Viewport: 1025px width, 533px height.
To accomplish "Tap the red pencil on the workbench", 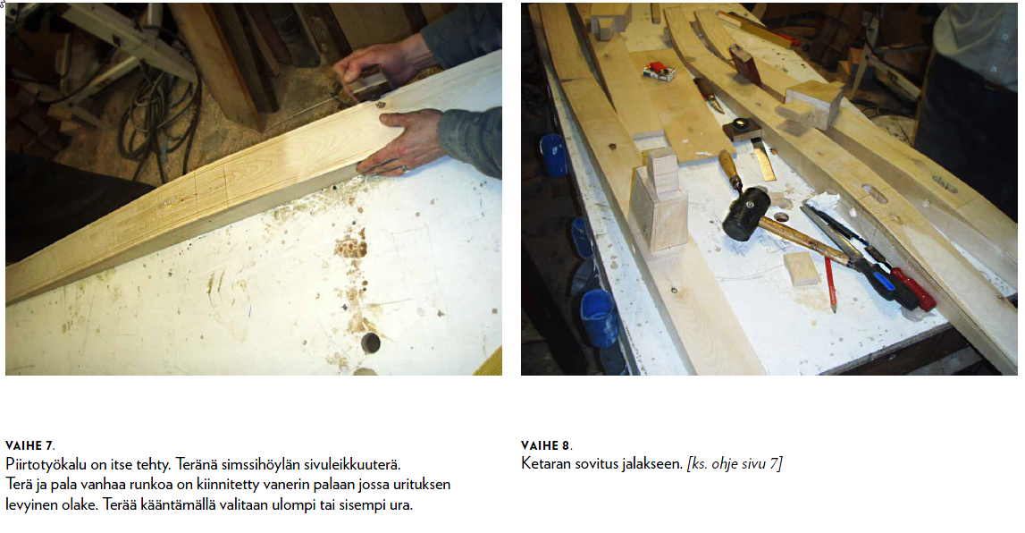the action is pyautogui.click(x=829, y=283).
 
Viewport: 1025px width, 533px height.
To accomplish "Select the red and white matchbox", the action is pyautogui.click(x=659, y=72).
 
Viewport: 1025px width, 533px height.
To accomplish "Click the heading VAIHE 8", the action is pyautogui.click(x=547, y=446).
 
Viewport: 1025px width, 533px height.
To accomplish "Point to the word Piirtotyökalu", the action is pyautogui.click(x=46, y=465).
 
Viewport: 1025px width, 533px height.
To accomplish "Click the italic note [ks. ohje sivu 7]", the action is pyautogui.click(x=734, y=464).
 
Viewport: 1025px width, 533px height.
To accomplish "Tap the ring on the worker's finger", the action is pyautogui.click(x=405, y=169).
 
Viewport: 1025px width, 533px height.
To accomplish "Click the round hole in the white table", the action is pyautogui.click(x=371, y=343).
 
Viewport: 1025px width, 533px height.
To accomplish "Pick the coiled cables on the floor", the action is pyautogui.click(x=159, y=118).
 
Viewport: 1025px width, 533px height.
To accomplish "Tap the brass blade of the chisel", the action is pyautogui.click(x=763, y=159).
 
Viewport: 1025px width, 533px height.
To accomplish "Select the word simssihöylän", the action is pyautogui.click(x=259, y=465).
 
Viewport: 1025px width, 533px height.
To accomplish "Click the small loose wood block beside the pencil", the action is pyautogui.click(x=802, y=269).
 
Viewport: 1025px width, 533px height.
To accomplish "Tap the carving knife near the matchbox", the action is pyautogui.click(x=707, y=95).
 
